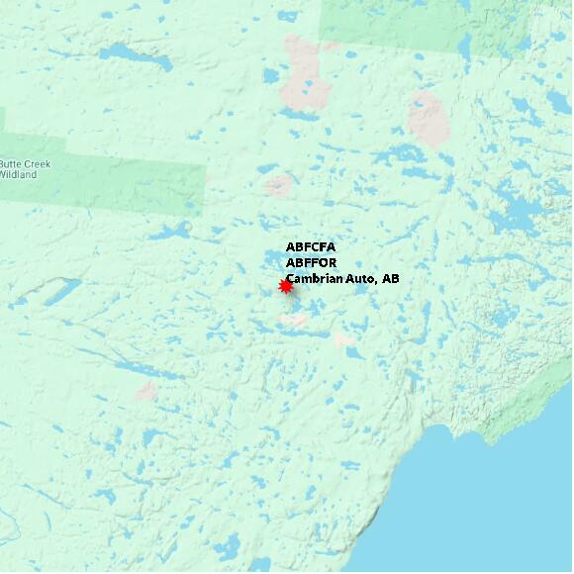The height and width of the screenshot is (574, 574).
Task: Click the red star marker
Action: pyautogui.click(x=286, y=286)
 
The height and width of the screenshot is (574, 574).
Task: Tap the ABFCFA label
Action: pyautogui.click(x=311, y=247)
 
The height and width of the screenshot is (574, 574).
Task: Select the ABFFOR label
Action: pyautogui.click(x=311, y=263)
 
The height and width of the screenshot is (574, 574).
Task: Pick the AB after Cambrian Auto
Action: pyautogui.click(x=390, y=280)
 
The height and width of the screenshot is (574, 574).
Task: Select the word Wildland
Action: pyautogui.click(x=17, y=175)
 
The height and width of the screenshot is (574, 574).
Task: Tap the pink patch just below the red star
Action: pyautogui.click(x=293, y=320)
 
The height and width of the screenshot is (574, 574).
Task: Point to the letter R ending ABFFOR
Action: pyautogui.click(x=332, y=263)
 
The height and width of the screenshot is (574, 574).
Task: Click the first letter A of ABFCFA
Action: pyautogui.click(x=290, y=247)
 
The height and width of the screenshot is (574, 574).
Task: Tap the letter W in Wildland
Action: pyautogui.click(x=3, y=175)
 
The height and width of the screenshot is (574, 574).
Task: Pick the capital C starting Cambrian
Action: pyautogui.click(x=291, y=280)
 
